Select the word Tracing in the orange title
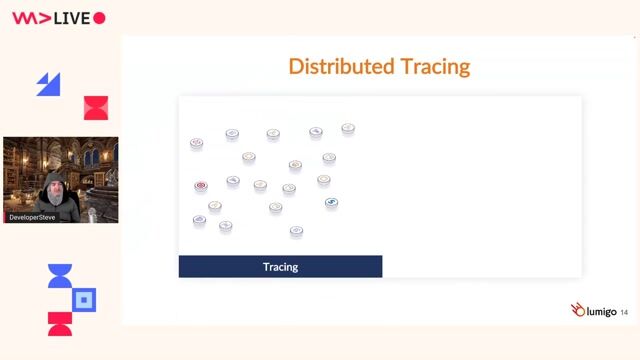435,67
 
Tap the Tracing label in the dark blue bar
280,267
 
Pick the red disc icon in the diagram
201,186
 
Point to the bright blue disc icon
331,202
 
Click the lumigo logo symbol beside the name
577,310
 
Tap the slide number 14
625,312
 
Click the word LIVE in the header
72,18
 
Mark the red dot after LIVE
99,18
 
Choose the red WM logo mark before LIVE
29,18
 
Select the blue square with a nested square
85,299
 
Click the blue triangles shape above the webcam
48,85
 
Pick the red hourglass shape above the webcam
95,108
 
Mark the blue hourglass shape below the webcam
60,276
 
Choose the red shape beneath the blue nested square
60,323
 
